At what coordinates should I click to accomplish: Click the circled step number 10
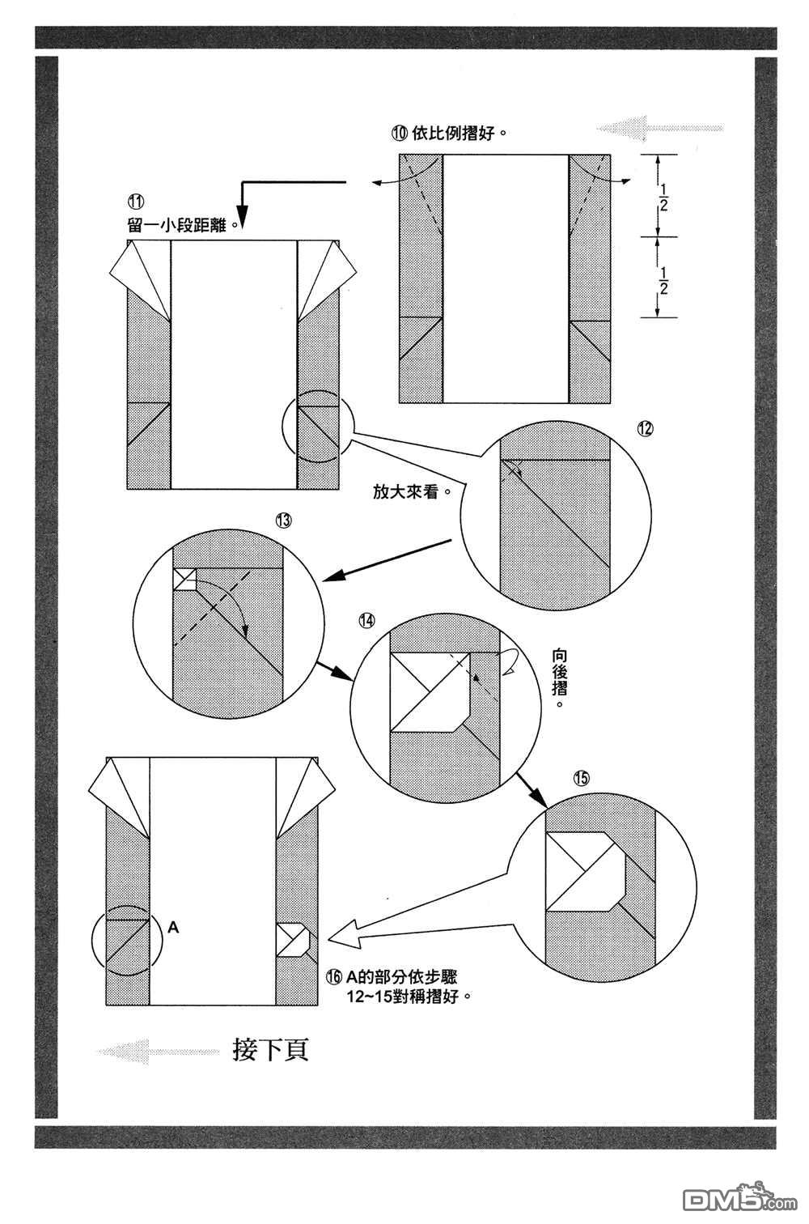(x=400, y=134)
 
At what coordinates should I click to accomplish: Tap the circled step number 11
(x=134, y=202)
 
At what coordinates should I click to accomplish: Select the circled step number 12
(x=644, y=429)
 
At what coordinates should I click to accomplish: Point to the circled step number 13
(x=282, y=521)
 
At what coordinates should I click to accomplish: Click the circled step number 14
(x=367, y=620)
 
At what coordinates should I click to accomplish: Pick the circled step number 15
(x=581, y=778)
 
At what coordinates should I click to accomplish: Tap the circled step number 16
(x=334, y=977)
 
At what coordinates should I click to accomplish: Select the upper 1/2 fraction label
(x=663, y=197)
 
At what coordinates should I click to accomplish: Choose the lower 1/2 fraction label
(x=663, y=278)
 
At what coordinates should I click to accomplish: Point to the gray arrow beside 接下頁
(x=158, y=1051)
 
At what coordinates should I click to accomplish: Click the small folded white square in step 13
(x=185, y=580)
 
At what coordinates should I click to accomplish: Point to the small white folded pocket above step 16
(x=291, y=940)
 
